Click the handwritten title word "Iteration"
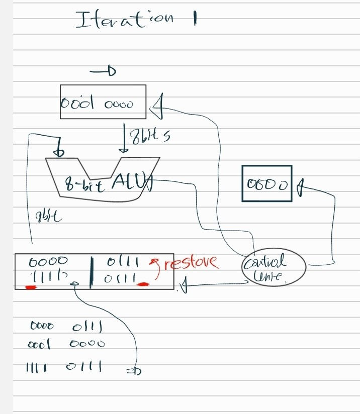click(x=125, y=20)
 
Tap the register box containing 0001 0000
click(x=103, y=102)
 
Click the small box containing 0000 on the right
click(x=266, y=183)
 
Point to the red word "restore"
click(x=191, y=262)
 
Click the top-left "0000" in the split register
click(x=48, y=261)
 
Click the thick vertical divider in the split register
click(x=91, y=272)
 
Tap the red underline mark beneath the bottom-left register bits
click(x=31, y=288)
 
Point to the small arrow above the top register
click(x=103, y=72)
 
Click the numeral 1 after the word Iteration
click(x=194, y=20)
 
